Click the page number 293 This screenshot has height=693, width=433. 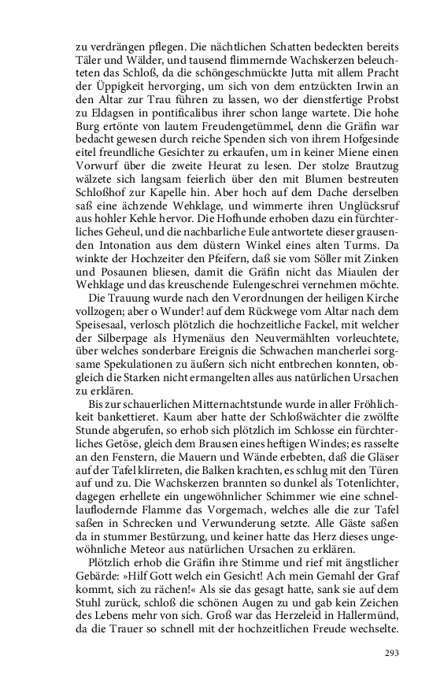tap(392, 653)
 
